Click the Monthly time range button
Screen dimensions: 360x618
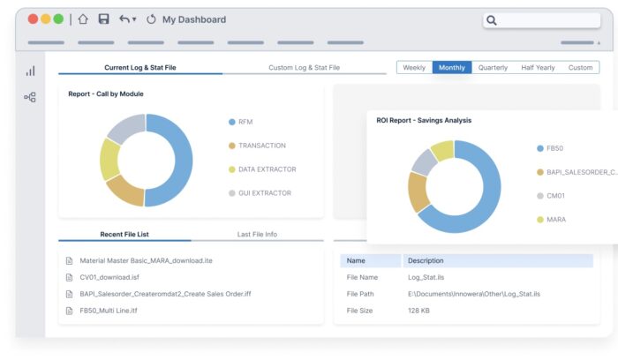[451, 68]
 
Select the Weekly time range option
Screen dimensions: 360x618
[413, 68]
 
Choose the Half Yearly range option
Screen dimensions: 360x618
[538, 68]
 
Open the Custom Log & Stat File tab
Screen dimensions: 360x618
[304, 67]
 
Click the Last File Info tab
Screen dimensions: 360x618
[257, 234]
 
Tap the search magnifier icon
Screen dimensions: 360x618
[492, 20]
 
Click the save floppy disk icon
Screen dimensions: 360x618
[104, 19]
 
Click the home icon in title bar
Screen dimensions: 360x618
[83, 19]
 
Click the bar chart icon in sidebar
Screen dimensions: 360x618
[30, 71]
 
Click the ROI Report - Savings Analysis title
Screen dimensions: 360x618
[424, 120]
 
